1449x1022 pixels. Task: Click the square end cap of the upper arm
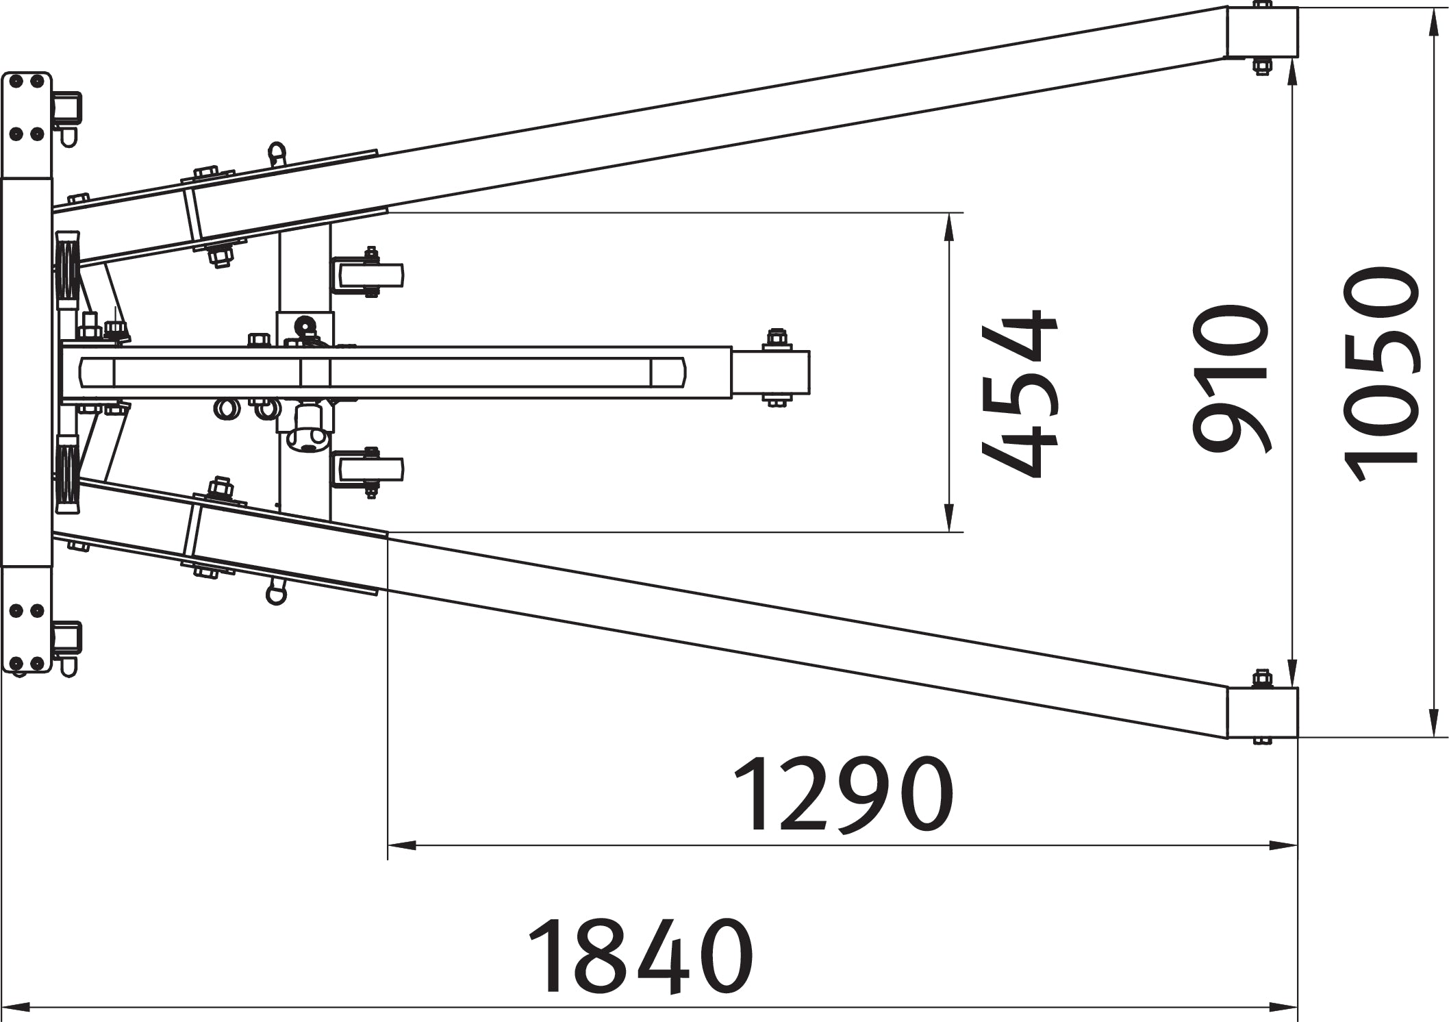(x=1262, y=32)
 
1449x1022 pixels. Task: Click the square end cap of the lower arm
(x=1262, y=713)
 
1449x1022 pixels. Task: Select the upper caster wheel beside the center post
(x=368, y=275)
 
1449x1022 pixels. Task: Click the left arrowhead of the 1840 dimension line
(x=16, y=1008)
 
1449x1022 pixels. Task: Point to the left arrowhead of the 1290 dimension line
(x=403, y=846)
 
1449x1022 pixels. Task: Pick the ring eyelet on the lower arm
(x=276, y=591)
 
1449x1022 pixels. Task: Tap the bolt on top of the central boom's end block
(x=776, y=340)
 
